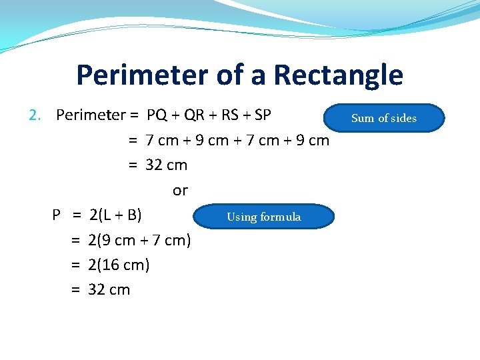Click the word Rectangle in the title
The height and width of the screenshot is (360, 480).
(x=338, y=75)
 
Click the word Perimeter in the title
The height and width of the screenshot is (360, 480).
(x=142, y=75)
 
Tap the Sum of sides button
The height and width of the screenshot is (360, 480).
(x=383, y=118)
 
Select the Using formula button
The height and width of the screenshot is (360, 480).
(x=263, y=217)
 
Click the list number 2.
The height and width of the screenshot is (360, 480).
(x=35, y=115)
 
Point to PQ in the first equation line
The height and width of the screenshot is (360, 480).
(x=157, y=115)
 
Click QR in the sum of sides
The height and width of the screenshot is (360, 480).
(x=195, y=115)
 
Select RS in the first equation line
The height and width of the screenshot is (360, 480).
(x=229, y=115)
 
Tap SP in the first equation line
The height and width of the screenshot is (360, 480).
(x=263, y=115)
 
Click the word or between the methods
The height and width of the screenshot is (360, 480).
(x=180, y=191)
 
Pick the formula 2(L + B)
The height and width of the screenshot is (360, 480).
(x=115, y=215)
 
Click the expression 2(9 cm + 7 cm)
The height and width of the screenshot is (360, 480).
(x=139, y=240)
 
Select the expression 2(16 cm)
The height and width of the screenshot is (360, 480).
(x=119, y=265)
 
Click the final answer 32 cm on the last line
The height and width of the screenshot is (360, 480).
(x=109, y=290)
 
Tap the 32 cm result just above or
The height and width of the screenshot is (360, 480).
(x=167, y=165)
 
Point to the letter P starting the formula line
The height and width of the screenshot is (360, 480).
(x=57, y=215)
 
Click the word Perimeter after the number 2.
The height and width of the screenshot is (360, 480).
(x=91, y=115)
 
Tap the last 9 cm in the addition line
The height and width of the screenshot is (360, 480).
(x=311, y=141)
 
